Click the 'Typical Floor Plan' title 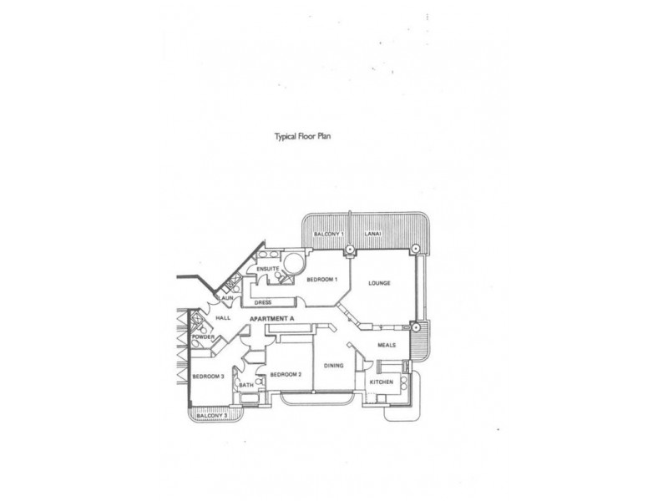click(302, 137)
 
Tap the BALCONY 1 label click(328, 234)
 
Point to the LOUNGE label click(379, 283)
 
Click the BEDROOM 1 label click(322, 280)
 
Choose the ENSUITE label click(267, 269)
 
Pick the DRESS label click(262, 302)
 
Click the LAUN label click(225, 298)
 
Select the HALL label click(223, 318)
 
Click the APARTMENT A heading click(272, 319)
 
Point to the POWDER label click(203, 337)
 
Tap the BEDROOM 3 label click(208, 377)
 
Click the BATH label click(246, 385)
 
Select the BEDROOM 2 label click(286, 374)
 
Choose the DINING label click(333, 366)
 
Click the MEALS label click(387, 345)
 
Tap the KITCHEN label click(382, 382)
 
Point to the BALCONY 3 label click(212, 415)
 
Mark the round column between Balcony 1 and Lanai click(349, 249)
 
